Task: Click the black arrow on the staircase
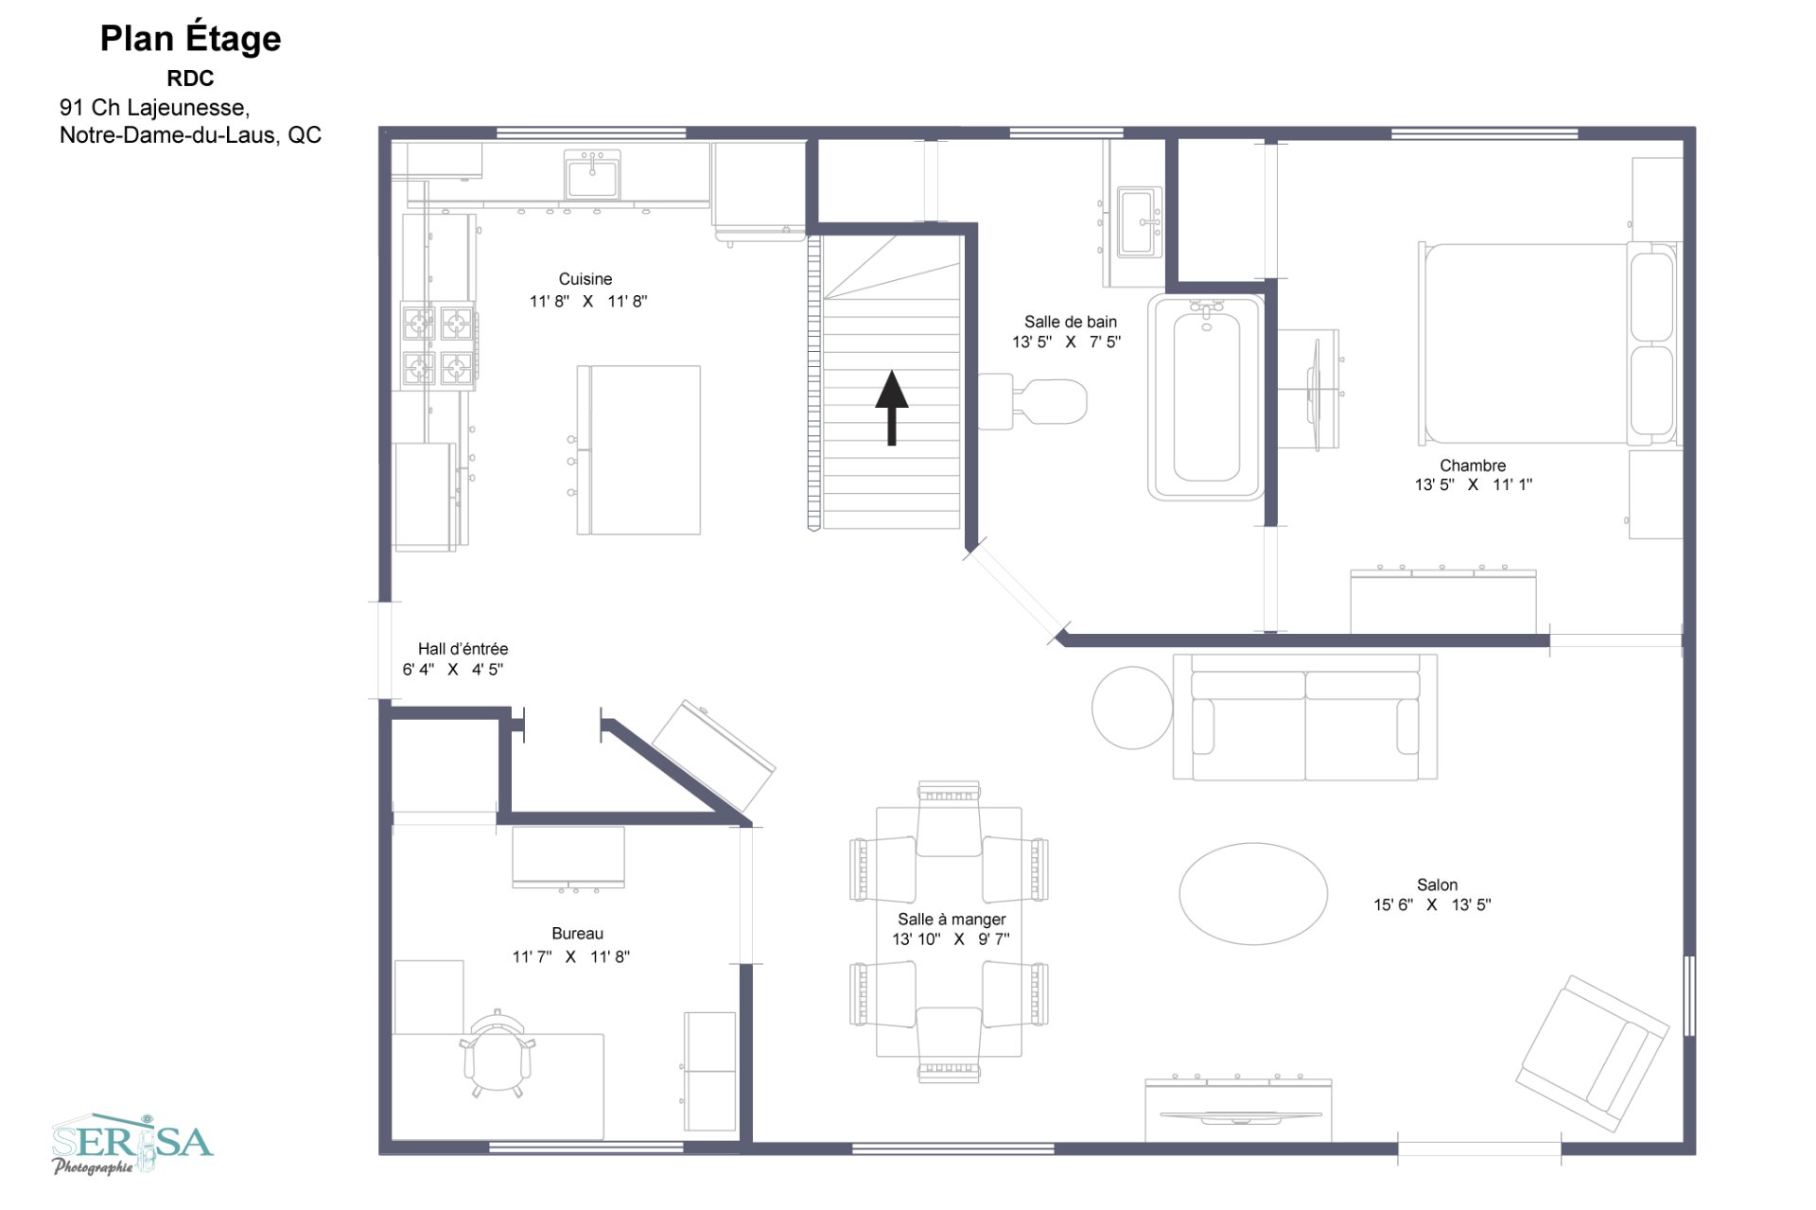tap(891, 407)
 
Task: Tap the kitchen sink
tap(592, 176)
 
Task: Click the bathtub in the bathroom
tap(1206, 397)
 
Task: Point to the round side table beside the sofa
tap(1131, 708)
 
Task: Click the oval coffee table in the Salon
tap(1253, 893)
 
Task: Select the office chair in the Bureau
tap(497, 1053)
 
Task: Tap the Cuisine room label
tap(585, 279)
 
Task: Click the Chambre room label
tap(1473, 465)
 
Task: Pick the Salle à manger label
tap(952, 920)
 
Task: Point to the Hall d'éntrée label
tap(463, 649)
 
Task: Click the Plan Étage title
tap(190, 39)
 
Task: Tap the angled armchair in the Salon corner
tap(1591, 1053)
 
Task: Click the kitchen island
tap(639, 450)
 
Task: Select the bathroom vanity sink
tap(1139, 222)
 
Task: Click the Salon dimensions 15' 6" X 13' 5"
tap(1432, 905)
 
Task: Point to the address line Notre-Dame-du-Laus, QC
tap(190, 135)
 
